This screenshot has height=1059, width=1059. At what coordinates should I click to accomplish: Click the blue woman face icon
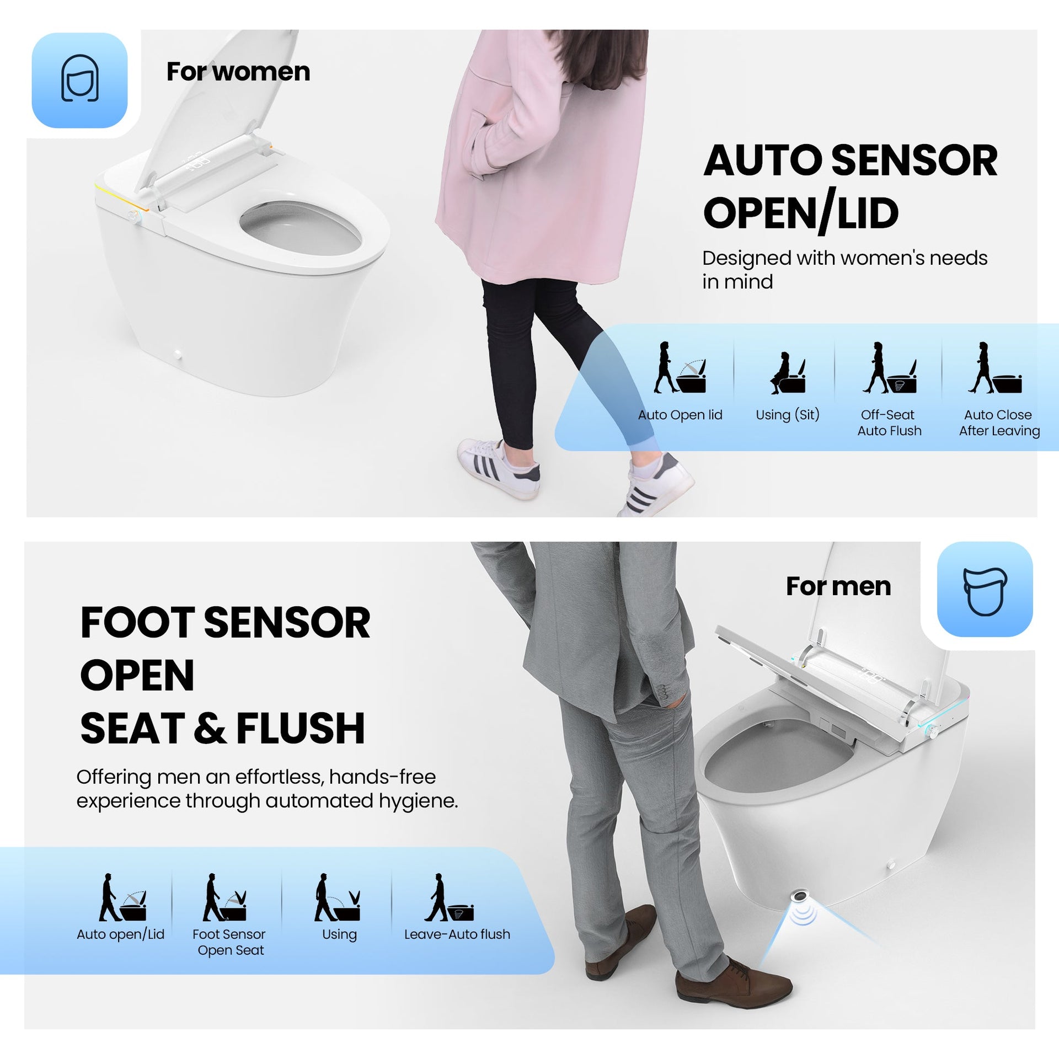79,81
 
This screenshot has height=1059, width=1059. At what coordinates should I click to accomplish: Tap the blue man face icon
985,590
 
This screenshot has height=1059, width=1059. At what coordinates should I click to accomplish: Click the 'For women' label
238,72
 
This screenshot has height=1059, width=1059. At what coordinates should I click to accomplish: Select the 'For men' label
838,586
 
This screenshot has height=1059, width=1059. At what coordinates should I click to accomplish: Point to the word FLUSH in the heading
301,728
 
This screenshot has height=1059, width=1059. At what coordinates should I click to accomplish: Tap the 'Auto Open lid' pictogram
680,367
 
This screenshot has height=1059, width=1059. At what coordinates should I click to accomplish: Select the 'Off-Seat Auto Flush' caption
889,422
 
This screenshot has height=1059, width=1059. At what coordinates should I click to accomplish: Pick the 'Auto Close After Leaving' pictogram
994,367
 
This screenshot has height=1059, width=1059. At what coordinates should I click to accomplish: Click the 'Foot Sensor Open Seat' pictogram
224,897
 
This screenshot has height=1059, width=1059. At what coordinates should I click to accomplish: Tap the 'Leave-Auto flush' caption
457,934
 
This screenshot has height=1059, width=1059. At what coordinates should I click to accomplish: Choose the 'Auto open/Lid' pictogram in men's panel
122,897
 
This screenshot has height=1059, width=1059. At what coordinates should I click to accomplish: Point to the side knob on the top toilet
132,215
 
